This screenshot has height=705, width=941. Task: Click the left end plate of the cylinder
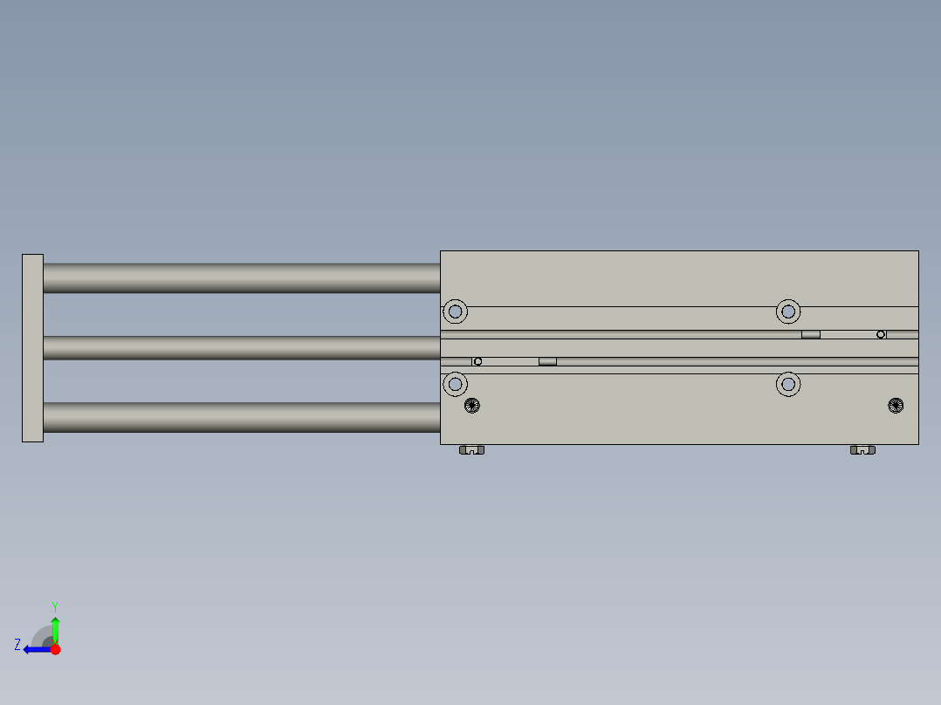(32, 347)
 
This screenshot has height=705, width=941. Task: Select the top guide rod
(240, 277)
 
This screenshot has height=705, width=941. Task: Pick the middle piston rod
(240, 347)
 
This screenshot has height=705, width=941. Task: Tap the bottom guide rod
(240, 417)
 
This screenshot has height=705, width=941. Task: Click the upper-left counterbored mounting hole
(455, 311)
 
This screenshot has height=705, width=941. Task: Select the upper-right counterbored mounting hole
(788, 311)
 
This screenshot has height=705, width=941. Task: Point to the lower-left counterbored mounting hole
(455, 383)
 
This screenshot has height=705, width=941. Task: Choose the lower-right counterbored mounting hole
(788, 383)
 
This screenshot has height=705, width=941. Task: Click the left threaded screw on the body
(472, 405)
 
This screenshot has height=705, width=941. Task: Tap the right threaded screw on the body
(896, 405)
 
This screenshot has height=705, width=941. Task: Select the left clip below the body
(472, 450)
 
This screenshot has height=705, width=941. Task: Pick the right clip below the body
(862, 450)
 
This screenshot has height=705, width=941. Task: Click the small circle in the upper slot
(881, 334)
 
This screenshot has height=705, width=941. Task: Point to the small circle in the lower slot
(477, 361)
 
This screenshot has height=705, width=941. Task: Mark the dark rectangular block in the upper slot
(811, 334)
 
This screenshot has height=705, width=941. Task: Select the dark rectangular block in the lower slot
(547, 361)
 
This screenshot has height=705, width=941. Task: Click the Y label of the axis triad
(54, 606)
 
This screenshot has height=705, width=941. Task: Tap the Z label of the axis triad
(17, 645)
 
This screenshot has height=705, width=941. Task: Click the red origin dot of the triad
(55, 649)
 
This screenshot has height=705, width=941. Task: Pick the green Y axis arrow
(55, 628)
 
